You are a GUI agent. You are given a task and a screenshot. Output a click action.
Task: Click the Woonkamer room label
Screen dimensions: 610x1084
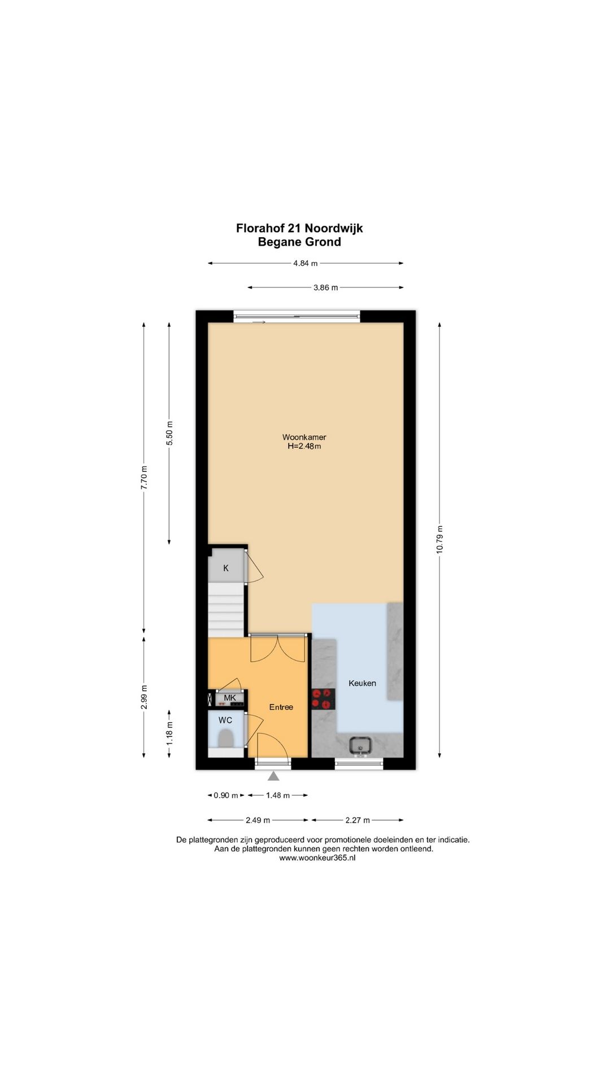(x=304, y=437)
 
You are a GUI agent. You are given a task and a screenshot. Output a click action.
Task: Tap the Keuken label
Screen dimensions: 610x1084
(x=362, y=683)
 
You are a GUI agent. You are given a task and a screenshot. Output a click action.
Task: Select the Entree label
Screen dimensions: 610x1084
(x=281, y=707)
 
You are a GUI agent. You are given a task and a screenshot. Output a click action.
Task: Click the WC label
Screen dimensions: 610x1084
(x=225, y=720)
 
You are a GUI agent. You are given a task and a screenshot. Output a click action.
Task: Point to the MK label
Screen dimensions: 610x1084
(x=230, y=698)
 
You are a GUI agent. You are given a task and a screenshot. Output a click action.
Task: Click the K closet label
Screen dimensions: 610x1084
(x=226, y=568)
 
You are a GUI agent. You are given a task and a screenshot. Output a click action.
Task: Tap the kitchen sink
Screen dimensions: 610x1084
(x=360, y=746)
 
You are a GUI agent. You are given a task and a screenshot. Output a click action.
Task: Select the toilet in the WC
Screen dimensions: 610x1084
(x=226, y=737)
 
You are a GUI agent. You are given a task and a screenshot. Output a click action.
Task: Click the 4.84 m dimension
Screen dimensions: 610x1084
(x=306, y=263)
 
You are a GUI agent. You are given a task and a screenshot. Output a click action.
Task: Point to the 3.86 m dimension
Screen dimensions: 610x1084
(x=326, y=287)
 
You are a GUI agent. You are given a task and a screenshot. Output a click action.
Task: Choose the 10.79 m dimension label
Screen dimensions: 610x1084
(x=439, y=540)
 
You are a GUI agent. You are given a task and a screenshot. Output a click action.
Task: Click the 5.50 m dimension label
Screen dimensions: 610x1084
(x=169, y=434)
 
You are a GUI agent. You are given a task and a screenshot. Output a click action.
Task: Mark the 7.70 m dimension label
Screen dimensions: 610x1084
(x=144, y=478)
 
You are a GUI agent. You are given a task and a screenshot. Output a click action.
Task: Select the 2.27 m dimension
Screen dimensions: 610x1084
(x=358, y=820)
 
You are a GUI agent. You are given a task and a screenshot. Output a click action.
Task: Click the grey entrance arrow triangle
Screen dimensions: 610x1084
(x=274, y=776)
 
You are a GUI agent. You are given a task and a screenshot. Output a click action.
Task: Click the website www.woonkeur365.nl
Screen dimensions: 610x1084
(x=317, y=858)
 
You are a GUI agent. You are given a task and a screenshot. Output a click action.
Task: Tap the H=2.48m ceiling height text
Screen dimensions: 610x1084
(x=304, y=446)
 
